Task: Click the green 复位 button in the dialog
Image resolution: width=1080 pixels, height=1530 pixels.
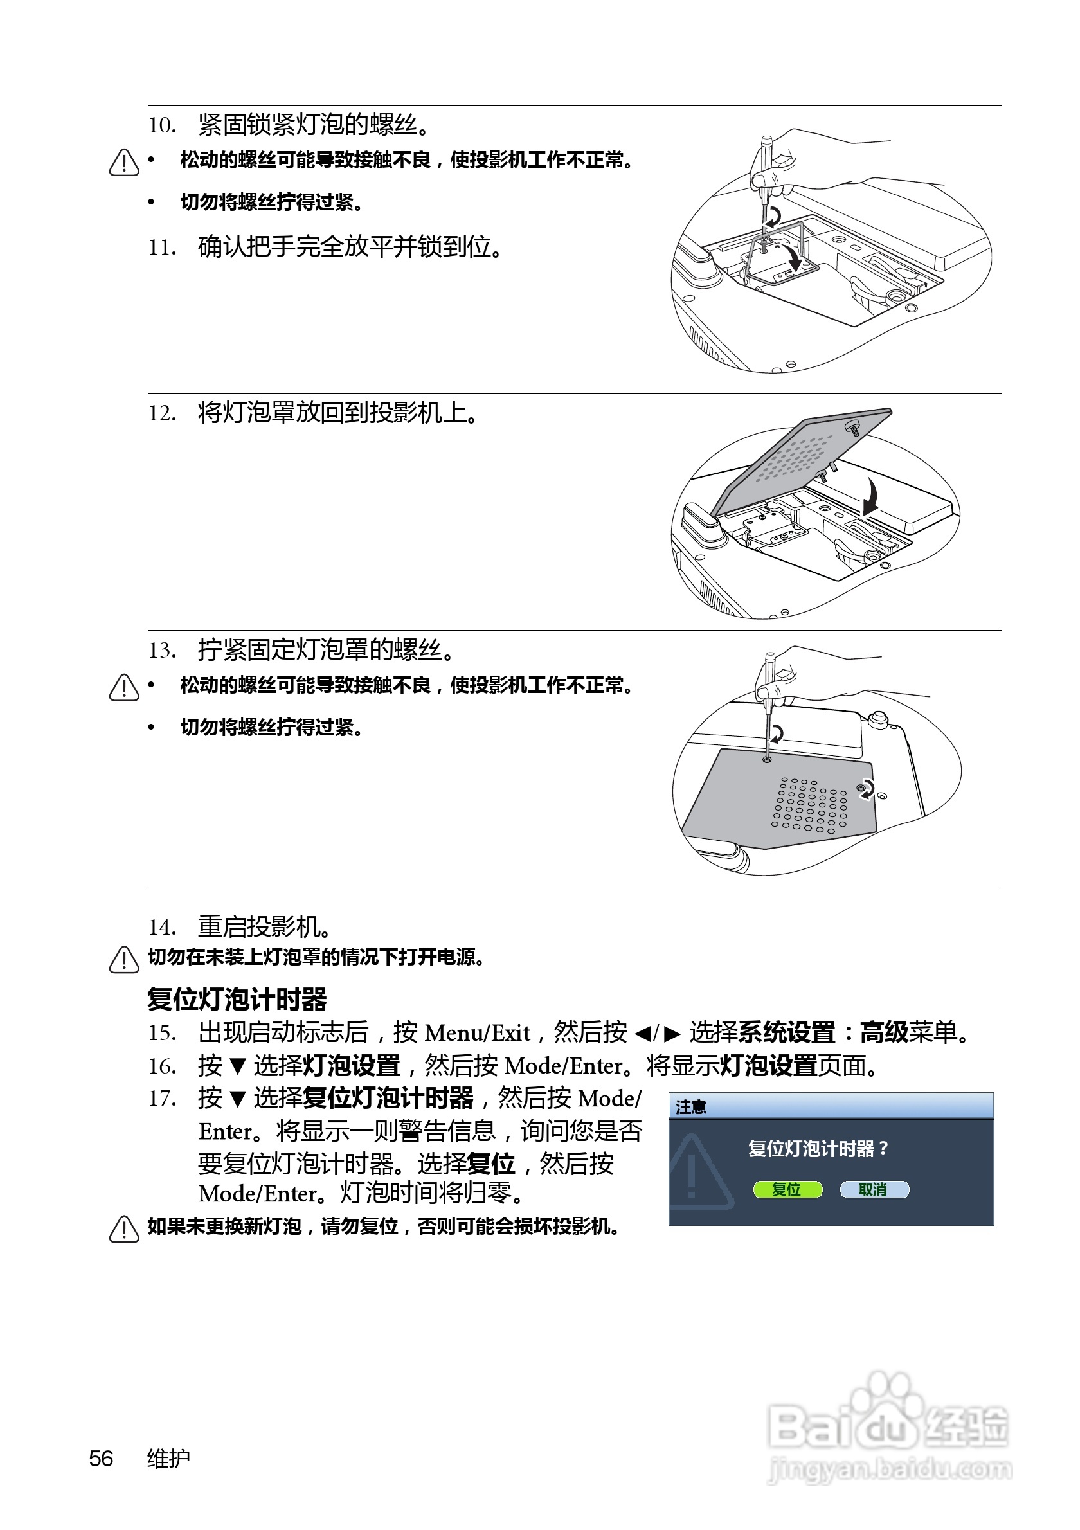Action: (787, 1189)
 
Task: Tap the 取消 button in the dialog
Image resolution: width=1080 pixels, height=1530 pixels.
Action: (874, 1189)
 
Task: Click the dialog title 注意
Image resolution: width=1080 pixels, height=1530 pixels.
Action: (691, 1108)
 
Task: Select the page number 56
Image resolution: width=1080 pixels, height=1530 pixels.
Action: (102, 1459)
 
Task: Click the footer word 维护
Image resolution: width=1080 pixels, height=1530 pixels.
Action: (168, 1459)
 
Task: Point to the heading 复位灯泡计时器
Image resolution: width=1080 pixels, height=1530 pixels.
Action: (237, 999)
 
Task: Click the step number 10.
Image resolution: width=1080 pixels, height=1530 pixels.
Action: (162, 125)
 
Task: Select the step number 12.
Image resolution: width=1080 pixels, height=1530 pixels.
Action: (162, 413)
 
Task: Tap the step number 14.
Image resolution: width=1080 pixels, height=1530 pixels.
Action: (162, 927)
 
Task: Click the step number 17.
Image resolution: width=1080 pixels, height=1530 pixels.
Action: (162, 1098)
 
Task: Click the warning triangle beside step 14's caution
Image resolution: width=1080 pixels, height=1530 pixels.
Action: (124, 960)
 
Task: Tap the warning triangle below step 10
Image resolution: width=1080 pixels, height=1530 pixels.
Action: (124, 162)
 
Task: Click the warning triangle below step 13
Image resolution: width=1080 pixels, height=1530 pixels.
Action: (124, 687)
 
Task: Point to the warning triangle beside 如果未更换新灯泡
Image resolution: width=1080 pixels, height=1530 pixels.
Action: (124, 1228)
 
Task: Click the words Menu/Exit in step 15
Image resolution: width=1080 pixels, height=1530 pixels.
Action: (478, 1033)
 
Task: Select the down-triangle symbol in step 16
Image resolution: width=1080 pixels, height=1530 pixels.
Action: (238, 1066)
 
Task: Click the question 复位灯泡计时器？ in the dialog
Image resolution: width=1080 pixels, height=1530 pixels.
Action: (818, 1149)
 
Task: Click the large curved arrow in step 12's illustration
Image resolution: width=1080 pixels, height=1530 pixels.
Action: (871, 494)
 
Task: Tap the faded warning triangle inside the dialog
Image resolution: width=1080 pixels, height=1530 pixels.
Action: (697, 1172)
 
